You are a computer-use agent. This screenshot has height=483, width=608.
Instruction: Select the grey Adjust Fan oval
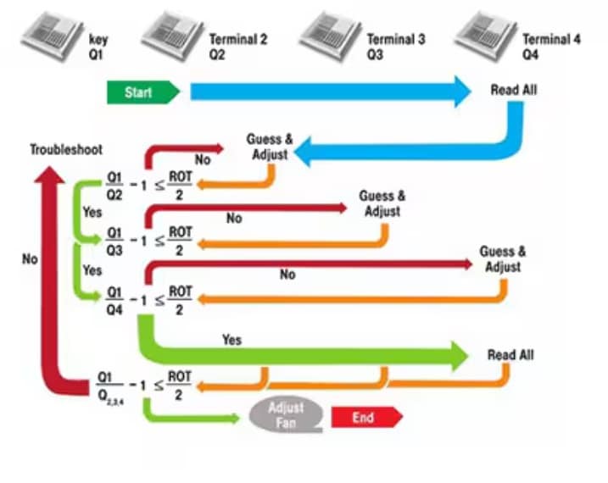click(287, 414)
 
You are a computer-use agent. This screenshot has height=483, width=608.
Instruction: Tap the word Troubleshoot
click(66, 150)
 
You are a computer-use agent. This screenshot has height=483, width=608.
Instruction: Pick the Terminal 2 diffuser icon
click(172, 33)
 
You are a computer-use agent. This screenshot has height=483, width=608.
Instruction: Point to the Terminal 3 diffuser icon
click(328, 33)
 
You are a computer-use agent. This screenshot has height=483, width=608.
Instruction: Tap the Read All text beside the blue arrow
click(514, 90)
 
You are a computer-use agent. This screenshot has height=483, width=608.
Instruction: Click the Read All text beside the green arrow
click(510, 355)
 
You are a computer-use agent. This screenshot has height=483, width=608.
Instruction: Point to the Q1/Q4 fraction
click(114, 299)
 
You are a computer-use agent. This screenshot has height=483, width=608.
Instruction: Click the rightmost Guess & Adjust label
click(502, 259)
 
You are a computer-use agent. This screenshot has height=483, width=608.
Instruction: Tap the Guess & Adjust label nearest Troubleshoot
click(270, 147)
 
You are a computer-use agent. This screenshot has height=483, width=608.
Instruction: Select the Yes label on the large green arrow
click(231, 340)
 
